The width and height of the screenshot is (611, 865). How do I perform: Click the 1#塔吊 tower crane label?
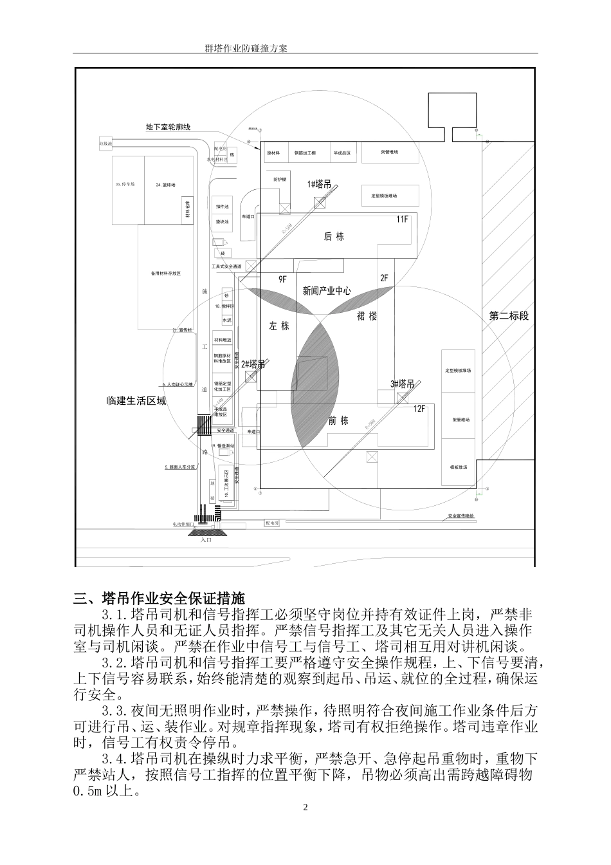[320, 184]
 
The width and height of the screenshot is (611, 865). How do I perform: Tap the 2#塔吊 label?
[253, 364]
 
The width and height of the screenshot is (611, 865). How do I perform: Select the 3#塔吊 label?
[402, 384]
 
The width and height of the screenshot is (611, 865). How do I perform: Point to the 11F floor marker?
[402, 219]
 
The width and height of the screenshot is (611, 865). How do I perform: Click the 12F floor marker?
[419, 408]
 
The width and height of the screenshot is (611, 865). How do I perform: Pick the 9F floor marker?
[282, 279]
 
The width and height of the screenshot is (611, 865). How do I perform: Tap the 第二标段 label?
[509, 316]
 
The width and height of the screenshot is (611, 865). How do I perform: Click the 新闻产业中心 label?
[327, 290]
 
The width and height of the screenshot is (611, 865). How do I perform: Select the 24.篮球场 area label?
[165, 185]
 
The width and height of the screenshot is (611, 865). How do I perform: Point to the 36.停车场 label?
[125, 185]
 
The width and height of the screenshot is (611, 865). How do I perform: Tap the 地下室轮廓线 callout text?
[169, 127]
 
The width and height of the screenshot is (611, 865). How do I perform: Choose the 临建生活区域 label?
[136, 400]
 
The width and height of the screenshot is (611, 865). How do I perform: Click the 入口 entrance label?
[206, 540]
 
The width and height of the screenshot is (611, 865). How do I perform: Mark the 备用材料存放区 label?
[165, 273]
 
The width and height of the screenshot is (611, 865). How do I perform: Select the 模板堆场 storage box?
[459, 468]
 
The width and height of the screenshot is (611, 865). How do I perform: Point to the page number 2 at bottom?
[305, 807]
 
